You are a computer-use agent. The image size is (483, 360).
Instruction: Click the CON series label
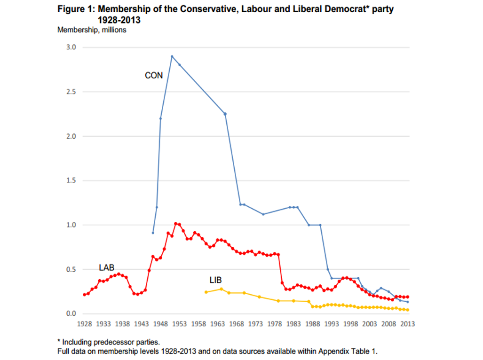pos(154,75)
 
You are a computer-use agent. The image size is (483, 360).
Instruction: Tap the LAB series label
pos(106,267)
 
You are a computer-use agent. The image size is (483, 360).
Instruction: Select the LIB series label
pos(215,280)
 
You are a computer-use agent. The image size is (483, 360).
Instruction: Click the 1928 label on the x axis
pos(84,324)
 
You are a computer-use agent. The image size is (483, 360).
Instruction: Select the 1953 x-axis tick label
pos(179,324)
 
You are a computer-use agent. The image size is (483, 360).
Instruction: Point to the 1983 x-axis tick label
pos(293,324)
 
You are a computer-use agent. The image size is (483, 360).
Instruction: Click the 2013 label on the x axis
pos(407,324)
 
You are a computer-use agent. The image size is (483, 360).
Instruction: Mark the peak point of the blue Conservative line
pos(172,56)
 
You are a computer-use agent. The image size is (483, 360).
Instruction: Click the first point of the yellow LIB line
pos(206,292)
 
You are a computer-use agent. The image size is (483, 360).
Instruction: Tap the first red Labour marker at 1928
pos(84,295)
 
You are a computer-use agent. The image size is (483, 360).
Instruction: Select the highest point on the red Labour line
pos(175,224)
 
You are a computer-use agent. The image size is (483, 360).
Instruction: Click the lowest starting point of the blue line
pos(153,233)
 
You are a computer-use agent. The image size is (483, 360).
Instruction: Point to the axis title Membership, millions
pos(92,30)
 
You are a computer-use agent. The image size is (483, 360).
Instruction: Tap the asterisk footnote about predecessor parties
pos(111,342)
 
